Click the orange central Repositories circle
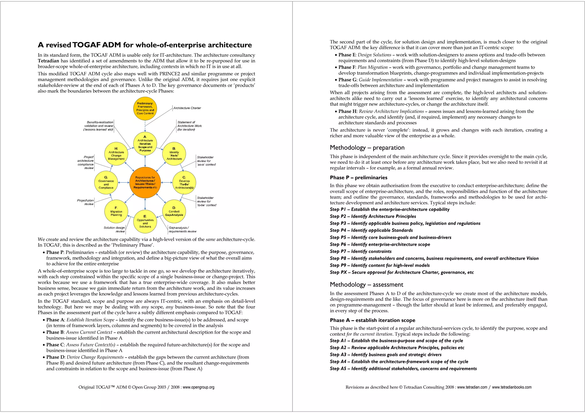(x=145, y=182)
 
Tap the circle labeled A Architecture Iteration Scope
(x=145, y=144)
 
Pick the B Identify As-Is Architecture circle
(x=174, y=154)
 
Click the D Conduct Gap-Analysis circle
(x=174, y=211)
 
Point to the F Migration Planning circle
(x=116, y=211)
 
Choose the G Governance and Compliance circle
(x=106, y=183)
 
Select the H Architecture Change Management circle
(x=116, y=154)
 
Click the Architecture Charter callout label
(x=187, y=108)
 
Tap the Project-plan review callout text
(x=85, y=202)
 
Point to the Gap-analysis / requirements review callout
(x=182, y=229)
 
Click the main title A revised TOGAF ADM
(x=145, y=45)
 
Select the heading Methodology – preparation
(x=367, y=148)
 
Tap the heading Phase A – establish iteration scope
(x=372, y=320)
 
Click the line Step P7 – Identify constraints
(x=360, y=251)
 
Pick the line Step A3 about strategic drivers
(x=386, y=355)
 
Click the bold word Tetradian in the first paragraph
(x=48, y=61)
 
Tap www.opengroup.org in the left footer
(x=199, y=387)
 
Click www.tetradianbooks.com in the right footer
(x=512, y=387)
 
